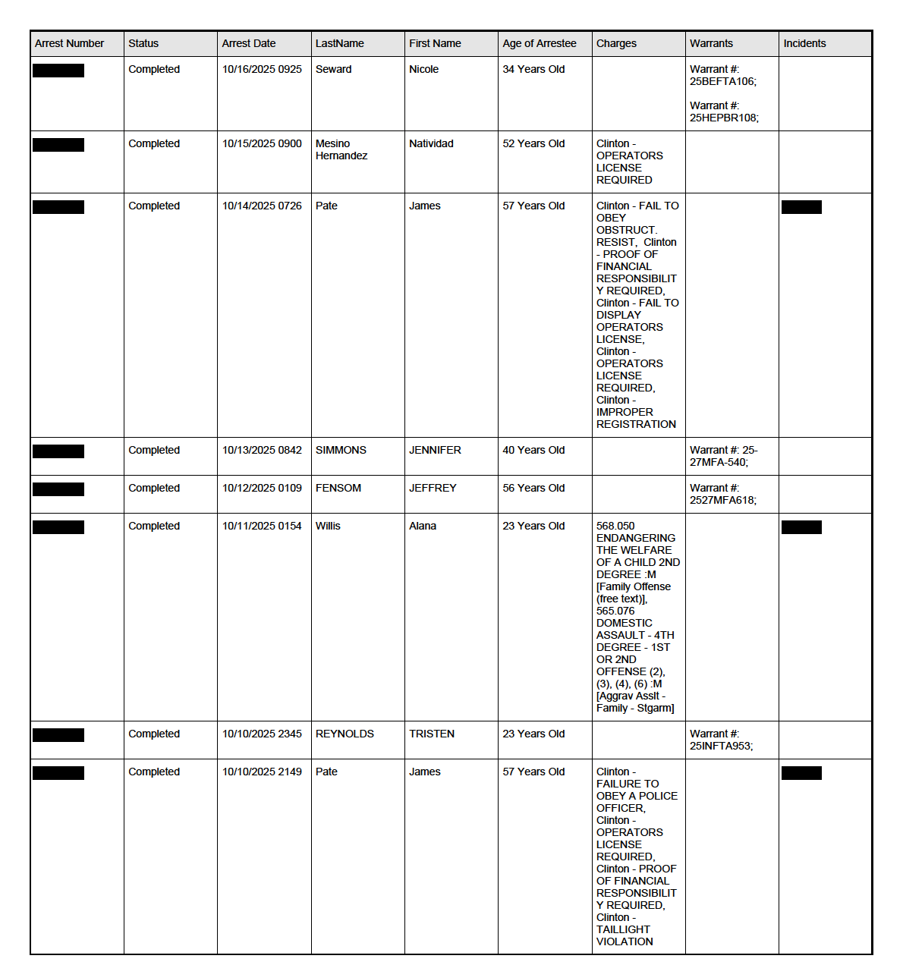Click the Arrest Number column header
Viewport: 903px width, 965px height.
(x=69, y=43)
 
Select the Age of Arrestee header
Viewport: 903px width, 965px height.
(x=539, y=43)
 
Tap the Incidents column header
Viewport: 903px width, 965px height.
(x=804, y=43)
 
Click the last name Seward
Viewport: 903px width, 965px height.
(x=333, y=69)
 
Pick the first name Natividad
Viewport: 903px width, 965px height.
(x=431, y=143)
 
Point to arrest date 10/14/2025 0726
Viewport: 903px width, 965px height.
(x=262, y=206)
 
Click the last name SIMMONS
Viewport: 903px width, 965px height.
(x=341, y=450)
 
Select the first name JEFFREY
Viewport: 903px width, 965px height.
(x=433, y=488)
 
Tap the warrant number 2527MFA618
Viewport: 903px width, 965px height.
(x=722, y=500)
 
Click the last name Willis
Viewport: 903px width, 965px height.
(x=328, y=526)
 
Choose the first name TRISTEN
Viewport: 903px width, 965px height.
(x=432, y=734)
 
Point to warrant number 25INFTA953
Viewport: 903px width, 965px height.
(x=721, y=746)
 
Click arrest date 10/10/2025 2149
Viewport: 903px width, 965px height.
(x=262, y=772)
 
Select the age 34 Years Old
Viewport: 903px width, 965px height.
(x=533, y=69)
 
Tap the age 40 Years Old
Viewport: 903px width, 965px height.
(x=533, y=450)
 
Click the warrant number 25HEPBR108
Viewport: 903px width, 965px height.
(x=723, y=118)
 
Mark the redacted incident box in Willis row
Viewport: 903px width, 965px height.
(x=801, y=527)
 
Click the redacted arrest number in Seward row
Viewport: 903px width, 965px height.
(x=58, y=71)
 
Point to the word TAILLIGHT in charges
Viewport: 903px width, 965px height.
(x=623, y=929)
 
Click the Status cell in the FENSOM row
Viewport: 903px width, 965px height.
(x=154, y=488)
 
